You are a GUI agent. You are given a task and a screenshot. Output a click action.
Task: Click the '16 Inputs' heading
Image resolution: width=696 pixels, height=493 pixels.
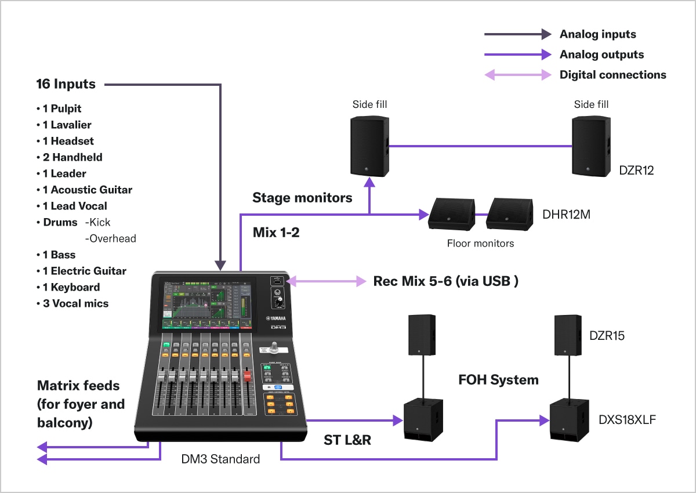tap(66, 84)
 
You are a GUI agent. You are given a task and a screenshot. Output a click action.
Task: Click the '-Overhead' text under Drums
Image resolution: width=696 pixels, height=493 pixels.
tap(110, 238)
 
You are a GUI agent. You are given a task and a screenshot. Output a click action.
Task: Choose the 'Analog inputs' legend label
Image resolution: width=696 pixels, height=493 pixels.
tap(597, 34)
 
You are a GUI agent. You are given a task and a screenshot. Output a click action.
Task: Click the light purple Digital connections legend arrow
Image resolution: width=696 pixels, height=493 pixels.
tap(518, 75)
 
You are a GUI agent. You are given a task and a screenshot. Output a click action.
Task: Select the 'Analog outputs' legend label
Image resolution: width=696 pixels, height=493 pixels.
tap(601, 55)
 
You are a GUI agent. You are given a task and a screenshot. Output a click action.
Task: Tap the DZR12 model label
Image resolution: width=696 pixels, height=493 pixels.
tap(637, 170)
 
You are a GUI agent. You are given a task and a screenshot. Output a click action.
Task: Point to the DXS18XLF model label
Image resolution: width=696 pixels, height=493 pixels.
tap(627, 420)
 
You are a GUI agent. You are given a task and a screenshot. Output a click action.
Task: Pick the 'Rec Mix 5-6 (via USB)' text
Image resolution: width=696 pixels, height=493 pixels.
tap(445, 281)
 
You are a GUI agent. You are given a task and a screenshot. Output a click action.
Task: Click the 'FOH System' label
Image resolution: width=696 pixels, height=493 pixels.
tap(498, 380)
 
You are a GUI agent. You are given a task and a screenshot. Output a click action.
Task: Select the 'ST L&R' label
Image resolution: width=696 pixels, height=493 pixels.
tap(347, 440)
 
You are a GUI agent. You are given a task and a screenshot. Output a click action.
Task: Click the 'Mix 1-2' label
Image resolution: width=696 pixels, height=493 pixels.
tap(276, 233)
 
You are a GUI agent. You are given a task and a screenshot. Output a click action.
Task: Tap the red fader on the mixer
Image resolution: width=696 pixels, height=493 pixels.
tap(246, 377)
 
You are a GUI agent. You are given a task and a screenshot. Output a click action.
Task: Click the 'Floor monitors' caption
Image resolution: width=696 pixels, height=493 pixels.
tap(480, 244)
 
